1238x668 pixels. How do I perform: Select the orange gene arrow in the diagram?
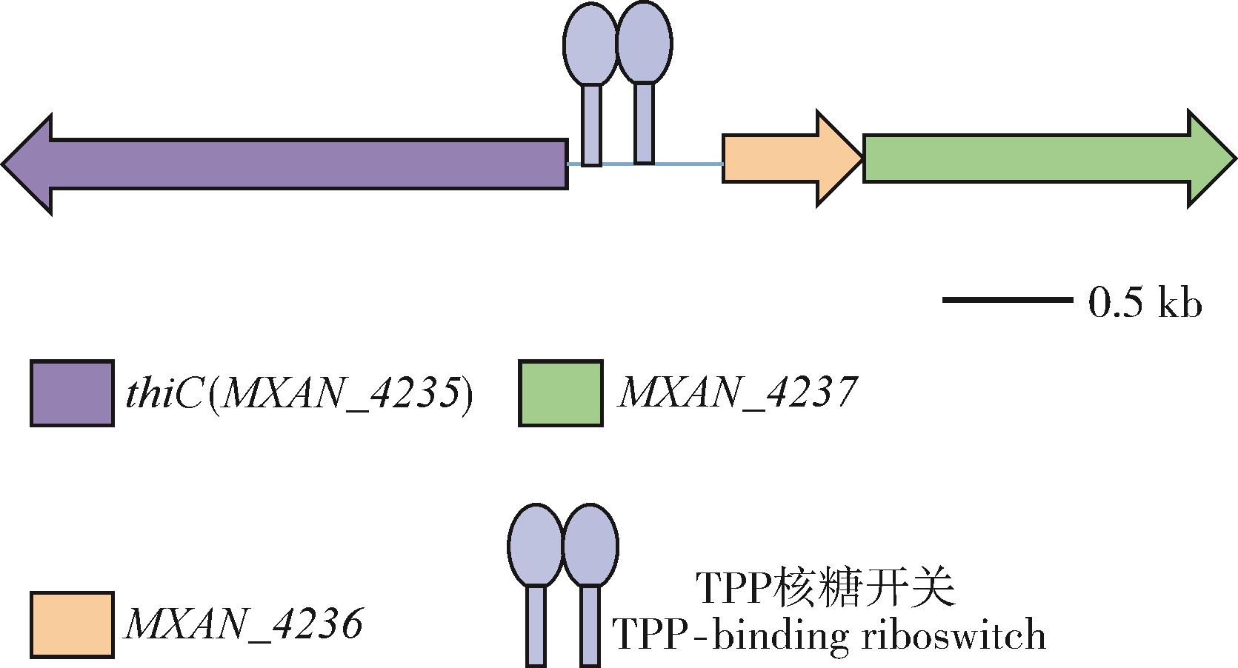tap(785, 158)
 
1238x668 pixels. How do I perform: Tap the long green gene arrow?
tap(1037, 158)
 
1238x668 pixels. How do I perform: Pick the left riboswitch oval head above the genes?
tap(590, 44)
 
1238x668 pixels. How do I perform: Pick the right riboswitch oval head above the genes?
tap(644, 43)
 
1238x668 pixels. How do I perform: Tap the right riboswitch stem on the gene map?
tap(645, 122)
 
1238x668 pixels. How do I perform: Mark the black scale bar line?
tap(1006, 300)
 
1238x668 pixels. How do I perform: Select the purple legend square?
tap(72, 393)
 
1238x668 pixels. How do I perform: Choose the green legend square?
tap(560, 393)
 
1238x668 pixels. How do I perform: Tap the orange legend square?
tap(72, 624)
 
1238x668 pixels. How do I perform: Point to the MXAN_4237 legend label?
tap(737, 393)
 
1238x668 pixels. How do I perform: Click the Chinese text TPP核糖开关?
tap(826, 589)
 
